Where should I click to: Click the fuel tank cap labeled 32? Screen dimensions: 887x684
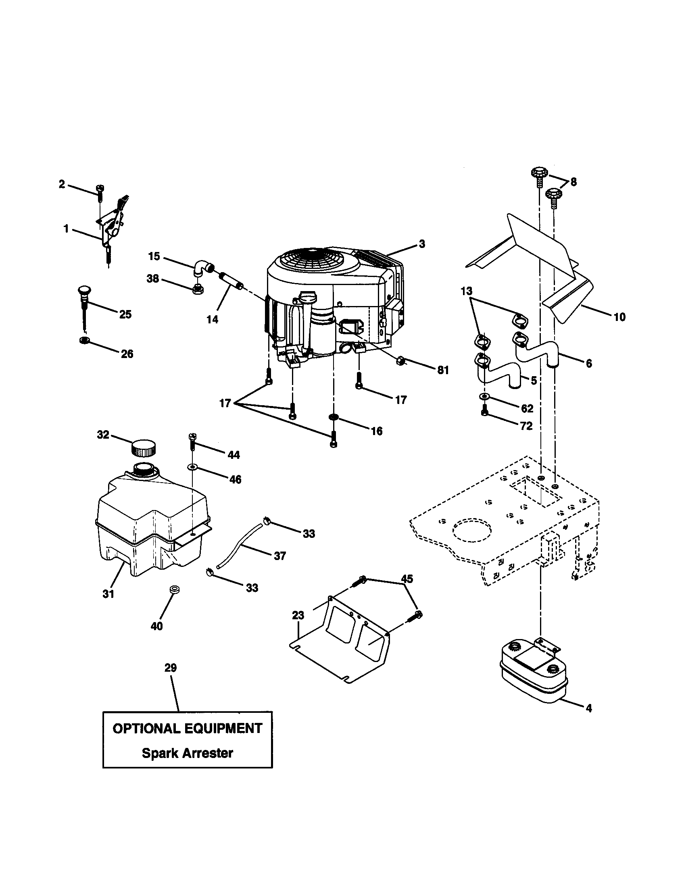click(144, 448)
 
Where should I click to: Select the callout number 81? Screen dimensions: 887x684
click(443, 370)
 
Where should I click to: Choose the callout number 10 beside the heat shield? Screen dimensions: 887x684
click(619, 317)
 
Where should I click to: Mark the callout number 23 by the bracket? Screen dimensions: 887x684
click(298, 615)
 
